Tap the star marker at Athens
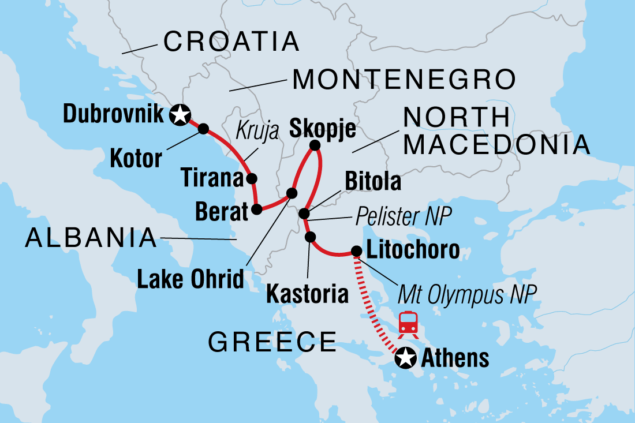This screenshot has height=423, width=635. pos(405,359)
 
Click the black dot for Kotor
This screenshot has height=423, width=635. pos(204,129)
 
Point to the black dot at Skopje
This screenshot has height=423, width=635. pos(315,145)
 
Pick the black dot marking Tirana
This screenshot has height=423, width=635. pos(251,178)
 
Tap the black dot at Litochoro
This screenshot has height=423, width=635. pos(357,251)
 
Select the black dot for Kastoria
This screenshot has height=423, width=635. pos(310,237)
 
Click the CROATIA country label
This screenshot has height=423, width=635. pos(231,42)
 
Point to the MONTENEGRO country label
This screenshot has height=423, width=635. pos(404,80)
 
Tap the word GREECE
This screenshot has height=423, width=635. pos(272,342)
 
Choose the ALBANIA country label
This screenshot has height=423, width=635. pos(91,238)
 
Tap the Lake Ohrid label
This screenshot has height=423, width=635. pos(190,280)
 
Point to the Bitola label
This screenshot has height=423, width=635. pos(372,182)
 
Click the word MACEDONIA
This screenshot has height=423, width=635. pos(497,145)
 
